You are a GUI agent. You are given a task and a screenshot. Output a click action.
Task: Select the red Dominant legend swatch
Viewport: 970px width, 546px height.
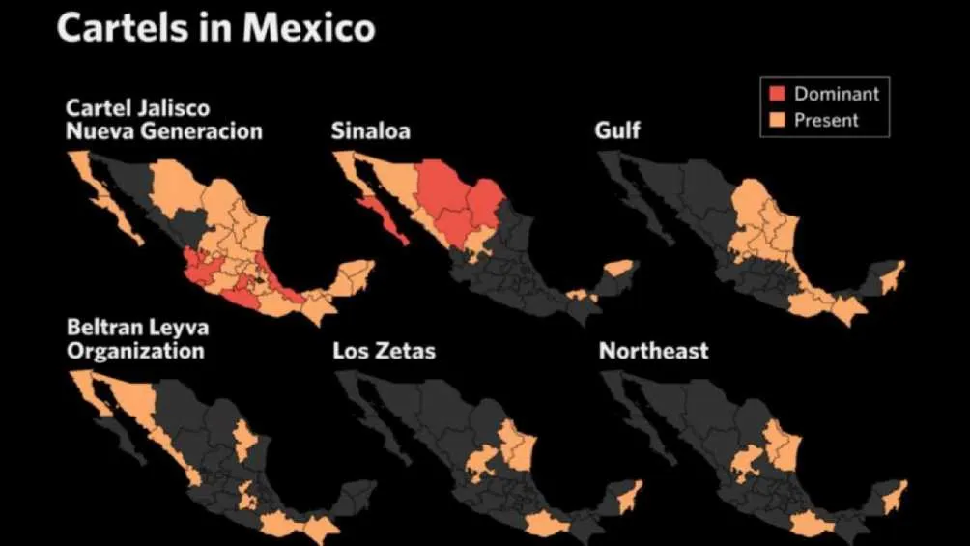tap(776, 94)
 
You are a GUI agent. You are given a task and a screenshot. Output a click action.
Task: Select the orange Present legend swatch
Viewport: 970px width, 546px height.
tap(776, 120)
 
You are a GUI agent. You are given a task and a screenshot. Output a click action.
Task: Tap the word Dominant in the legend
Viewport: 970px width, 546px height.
tap(837, 94)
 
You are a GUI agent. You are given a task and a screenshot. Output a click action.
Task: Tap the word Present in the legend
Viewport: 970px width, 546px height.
tap(826, 120)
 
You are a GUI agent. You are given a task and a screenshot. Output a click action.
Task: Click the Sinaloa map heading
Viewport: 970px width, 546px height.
tap(370, 130)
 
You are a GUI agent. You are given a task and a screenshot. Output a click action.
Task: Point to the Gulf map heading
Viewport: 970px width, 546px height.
tap(619, 130)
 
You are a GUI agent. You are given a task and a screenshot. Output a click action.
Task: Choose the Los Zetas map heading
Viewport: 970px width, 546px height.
tap(384, 350)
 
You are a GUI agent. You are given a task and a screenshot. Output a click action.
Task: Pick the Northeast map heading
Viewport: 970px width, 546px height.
tap(654, 350)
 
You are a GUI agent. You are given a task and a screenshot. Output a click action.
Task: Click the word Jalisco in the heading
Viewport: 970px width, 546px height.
tap(175, 107)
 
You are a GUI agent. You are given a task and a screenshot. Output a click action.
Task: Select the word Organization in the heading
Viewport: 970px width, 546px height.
tap(135, 350)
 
